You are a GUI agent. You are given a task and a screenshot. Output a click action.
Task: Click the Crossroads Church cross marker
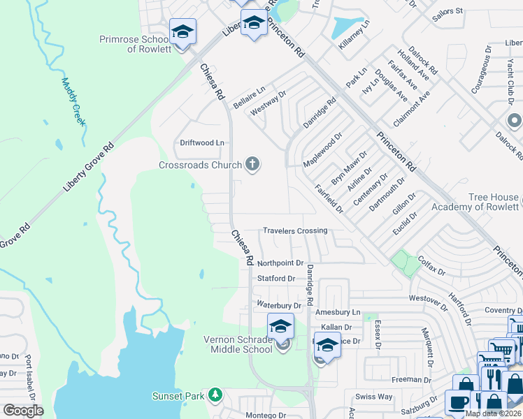[x=252, y=165]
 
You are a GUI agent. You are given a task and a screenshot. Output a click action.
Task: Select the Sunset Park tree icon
[x=216, y=396]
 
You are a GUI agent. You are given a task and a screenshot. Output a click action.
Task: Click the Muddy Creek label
[x=73, y=101]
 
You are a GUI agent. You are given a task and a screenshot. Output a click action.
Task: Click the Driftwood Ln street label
[x=202, y=142]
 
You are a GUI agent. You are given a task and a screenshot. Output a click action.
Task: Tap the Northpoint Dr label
[x=280, y=263]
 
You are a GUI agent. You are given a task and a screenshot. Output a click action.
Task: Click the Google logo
[x=23, y=411]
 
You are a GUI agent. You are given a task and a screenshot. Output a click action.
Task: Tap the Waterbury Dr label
[x=278, y=305]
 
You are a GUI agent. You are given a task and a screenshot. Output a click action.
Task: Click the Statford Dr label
[x=276, y=279]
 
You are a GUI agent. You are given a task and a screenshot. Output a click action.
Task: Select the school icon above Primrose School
[x=182, y=32]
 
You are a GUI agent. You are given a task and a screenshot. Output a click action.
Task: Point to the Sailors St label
[x=448, y=11]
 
